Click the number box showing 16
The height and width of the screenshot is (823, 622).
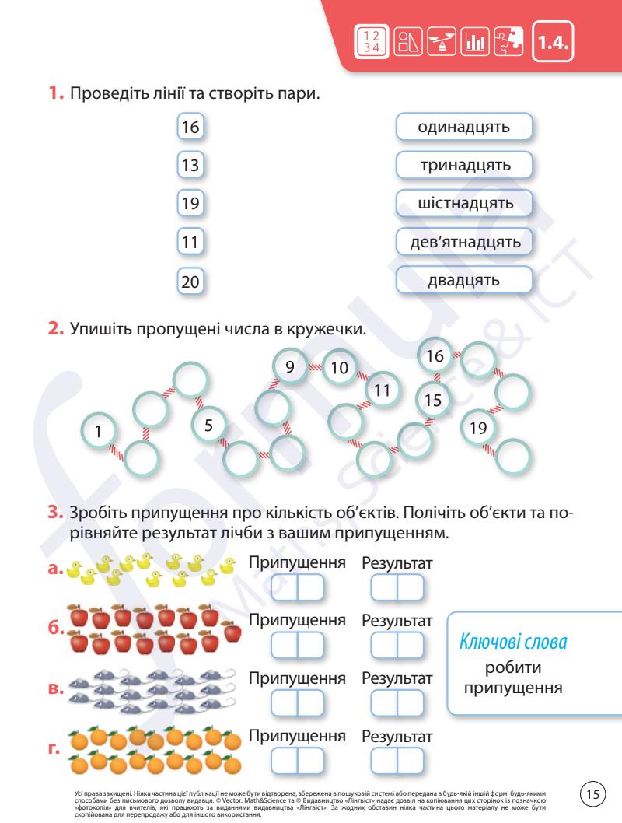coord(190,128)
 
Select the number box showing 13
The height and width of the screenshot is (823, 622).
coord(190,166)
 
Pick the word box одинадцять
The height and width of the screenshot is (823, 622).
coord(464,128)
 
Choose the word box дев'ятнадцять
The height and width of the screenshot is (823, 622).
coord(464,242)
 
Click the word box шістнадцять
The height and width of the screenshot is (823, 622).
coord(464,204)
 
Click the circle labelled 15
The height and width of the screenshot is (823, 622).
coord(434,401)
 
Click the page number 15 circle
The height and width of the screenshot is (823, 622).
coord(593,793)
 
